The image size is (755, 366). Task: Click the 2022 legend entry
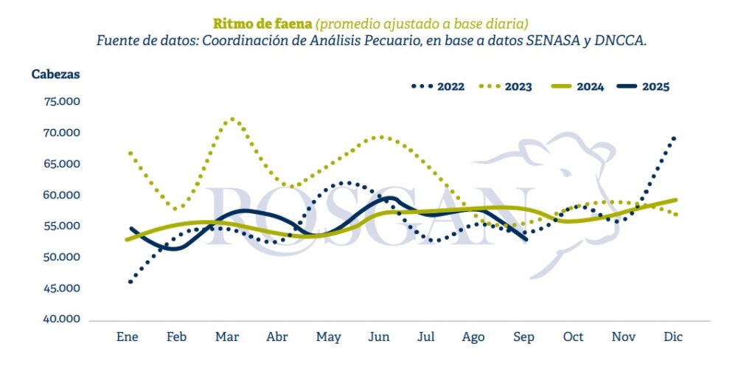pos(438,86)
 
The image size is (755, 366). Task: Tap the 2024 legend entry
pos(578,86)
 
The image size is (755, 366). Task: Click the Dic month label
pos(673,337)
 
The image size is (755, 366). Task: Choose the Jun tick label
pos(378,337)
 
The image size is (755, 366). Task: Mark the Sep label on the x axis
pos(523,337)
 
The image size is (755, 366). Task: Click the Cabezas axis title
pos(55,75)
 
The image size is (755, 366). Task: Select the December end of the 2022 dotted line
pos(674,138)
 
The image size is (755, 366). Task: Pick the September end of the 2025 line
pos(525,239)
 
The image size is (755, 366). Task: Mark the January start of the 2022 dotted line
pos(130,282)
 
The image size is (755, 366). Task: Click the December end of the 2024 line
pos(676,199)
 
